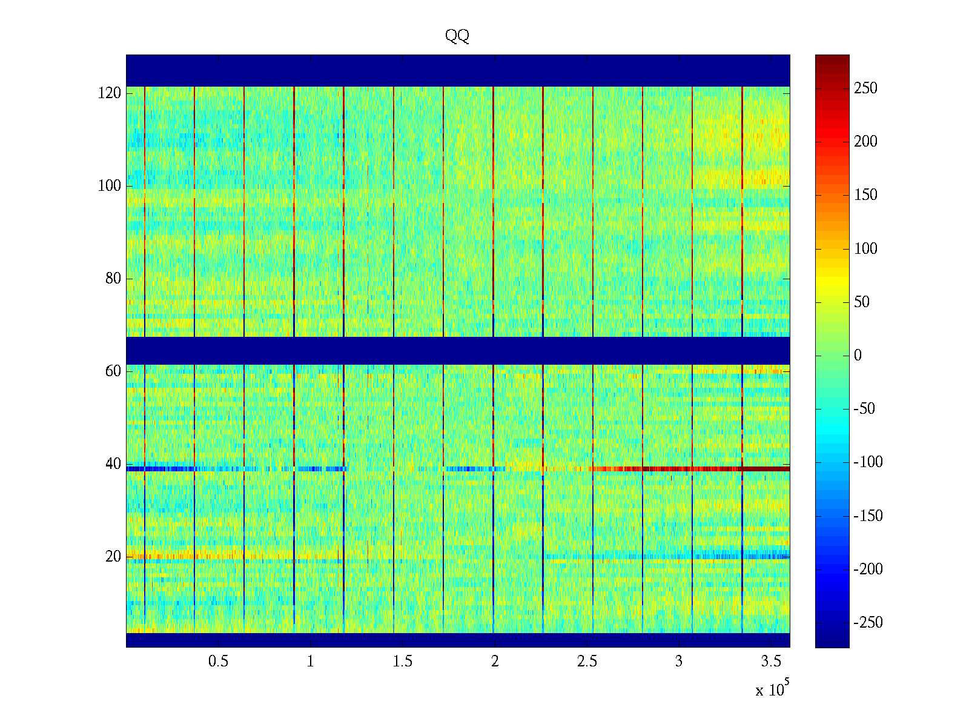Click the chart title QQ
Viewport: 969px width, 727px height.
pyautogui.click(x=457, y=36)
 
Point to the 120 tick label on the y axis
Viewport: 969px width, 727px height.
pyautogui.click(x=110, y=93)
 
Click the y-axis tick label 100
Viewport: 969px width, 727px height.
pyautogui.click(x=110, y=186)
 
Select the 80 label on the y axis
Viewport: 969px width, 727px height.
pyautogui.click(x=113, y=279)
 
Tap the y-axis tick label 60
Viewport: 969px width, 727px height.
pyautogui.click(x=113, y=371)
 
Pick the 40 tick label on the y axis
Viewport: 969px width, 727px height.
pyautogui.click(x=113, y=464)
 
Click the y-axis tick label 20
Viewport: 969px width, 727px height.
pyautogui.click(x=113, y=557)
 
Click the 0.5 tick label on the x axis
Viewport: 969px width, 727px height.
pyautogui.click(x=219, y=662)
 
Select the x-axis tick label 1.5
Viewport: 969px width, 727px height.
pyautogui.click(x=403, y=662)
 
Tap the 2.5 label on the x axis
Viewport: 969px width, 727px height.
pyautogui.click(x=587, y=662)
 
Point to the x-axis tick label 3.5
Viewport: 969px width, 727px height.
pyautogui.click(x=771, y=662)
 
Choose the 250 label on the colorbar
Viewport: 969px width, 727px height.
pyautogui.click(x=865, y=88)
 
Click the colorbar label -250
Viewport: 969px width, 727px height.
pyautogui.click(x=868, y=623)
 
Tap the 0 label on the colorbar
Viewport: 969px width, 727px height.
pyautogui.click(x=858, y=356)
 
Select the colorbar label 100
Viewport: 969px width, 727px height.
pyautogui.click(x=865, y=249)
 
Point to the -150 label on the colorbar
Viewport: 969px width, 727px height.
pyautogui.click(x=868, y=516)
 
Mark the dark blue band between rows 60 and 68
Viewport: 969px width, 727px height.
pyautogui.click(x=458, y=351)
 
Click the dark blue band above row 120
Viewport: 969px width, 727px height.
pyautogui.click(x=458, y=70)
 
